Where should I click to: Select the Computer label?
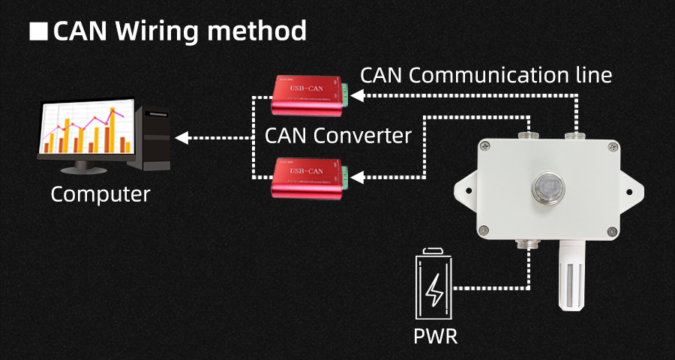(100, 194)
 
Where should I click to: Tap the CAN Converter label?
(338, 136)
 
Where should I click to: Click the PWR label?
(435, 335)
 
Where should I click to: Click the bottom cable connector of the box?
(529, 244)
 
